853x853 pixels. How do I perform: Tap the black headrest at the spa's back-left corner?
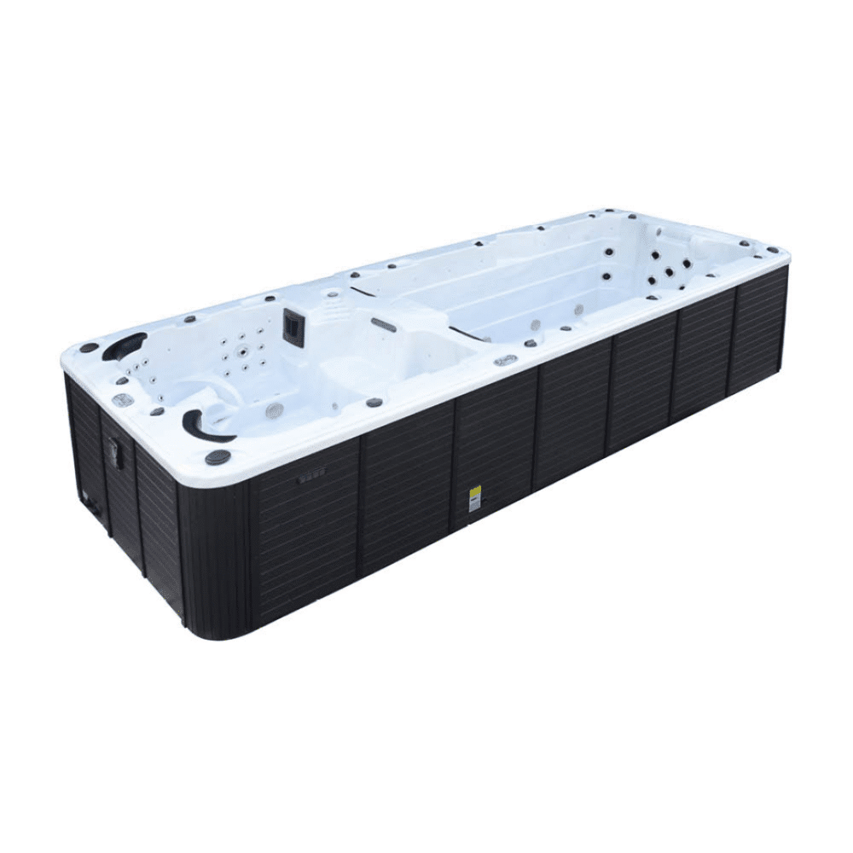click(x=123, y=345)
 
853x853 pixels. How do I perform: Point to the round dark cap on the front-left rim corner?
click(x=218, y=457)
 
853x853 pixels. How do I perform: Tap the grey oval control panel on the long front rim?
click(x=505, y=360)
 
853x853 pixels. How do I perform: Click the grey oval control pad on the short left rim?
click(x=119, y=399)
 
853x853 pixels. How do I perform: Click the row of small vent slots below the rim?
click(x=311, y=479)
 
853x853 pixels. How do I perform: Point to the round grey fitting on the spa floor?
click(x=274, y=410)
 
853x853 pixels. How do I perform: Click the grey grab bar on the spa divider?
click(x=384, y=324)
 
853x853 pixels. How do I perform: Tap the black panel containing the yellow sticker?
click(x=493, y=456)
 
